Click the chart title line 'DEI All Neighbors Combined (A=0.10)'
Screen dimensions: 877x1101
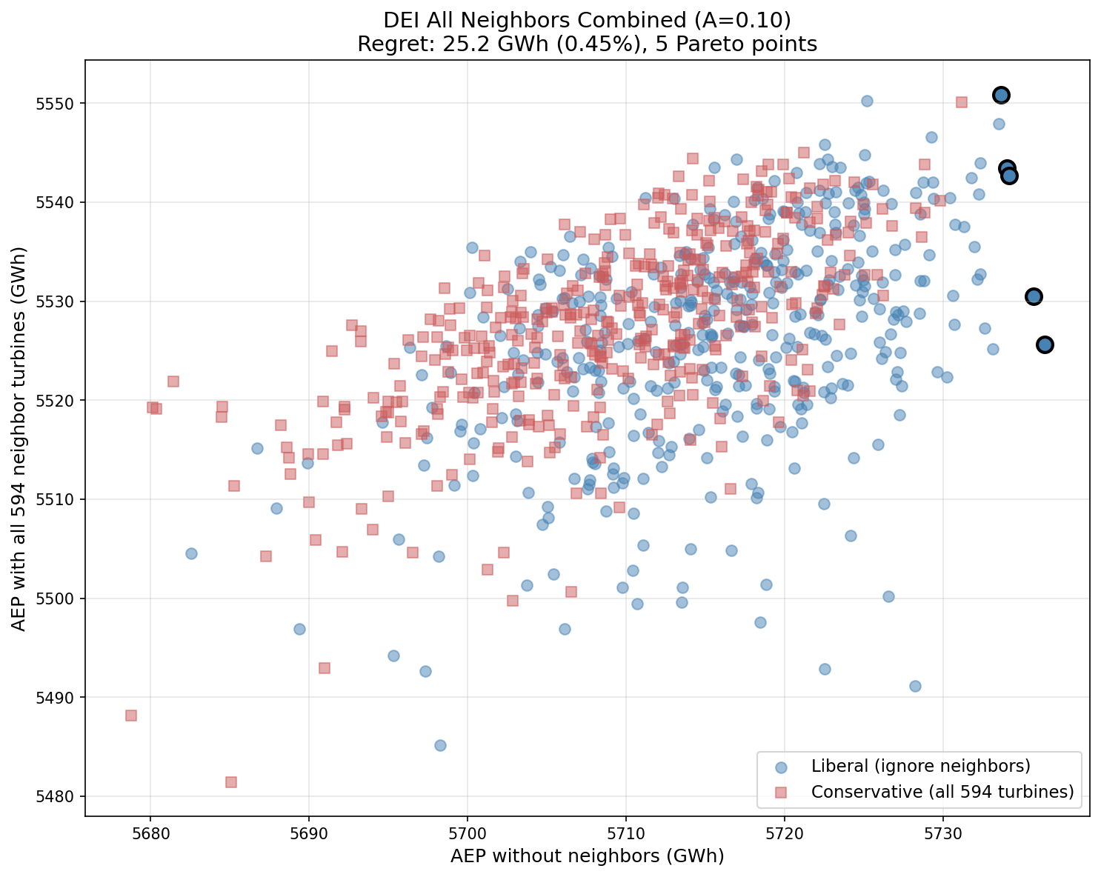(587, 20)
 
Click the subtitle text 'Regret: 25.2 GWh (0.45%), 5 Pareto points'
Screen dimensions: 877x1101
(587, 44)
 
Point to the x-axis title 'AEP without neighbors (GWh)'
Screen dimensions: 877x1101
(587, 856)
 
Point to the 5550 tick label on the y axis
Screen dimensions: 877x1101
(60, 103)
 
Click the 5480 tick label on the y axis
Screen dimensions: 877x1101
(60, 797)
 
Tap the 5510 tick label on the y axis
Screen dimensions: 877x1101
(60, 499)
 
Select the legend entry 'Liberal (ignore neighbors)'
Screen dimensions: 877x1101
(920, 765)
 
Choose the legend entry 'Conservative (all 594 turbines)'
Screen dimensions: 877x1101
(942, 791)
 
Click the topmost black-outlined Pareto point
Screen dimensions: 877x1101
(1001, 95)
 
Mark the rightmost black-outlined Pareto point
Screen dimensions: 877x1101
(1045, 344)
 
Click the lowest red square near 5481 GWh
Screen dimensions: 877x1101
(231, 782)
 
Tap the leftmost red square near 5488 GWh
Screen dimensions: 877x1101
(131, 716)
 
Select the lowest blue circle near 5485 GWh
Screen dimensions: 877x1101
(440, 745)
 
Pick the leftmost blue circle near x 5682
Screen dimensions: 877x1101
(191, 553)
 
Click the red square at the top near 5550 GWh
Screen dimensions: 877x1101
(961, 102)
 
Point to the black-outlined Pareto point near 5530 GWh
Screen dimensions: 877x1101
(1034, 296)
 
